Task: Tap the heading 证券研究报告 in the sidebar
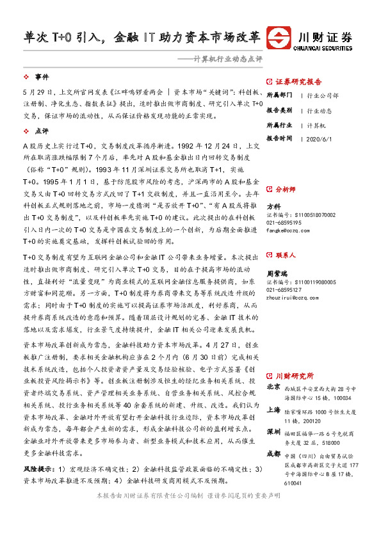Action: point(299,82)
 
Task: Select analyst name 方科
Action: point(273,206)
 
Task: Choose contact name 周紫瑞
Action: point(277,271)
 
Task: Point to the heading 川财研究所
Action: point(295,375)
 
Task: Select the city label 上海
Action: point(273,410)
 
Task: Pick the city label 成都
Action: point(273,455)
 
